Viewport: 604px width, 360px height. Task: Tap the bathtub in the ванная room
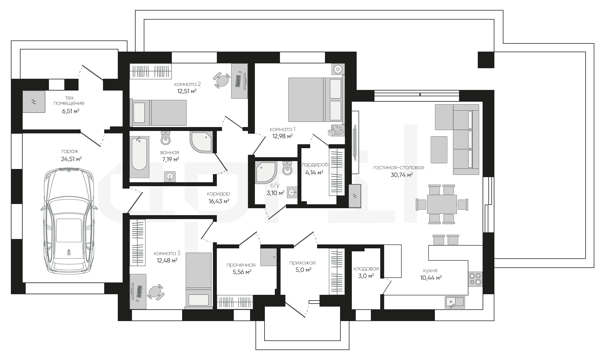coord(140,157)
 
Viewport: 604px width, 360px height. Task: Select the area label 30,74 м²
coord(402,175)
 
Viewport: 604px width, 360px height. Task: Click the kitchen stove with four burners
coord(475,279)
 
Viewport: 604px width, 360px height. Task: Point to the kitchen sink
coord(455,302)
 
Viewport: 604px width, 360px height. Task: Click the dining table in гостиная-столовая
coord(442,204)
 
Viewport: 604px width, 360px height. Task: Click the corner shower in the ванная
coord(201,142)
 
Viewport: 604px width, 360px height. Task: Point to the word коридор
coord(218,194)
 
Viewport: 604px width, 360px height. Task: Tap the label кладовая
coord(366,269)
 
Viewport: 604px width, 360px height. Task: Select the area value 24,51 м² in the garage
coord(71,159)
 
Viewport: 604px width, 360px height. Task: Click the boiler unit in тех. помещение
coord(34,102)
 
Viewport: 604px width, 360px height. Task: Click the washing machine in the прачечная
coord(268,257)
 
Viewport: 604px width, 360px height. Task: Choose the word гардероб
coord(315,165)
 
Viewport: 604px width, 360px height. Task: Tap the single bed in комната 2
coord(158,113)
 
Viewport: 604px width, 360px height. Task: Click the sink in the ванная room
coord(170,177)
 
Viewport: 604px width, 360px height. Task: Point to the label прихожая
coord(302,263)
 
